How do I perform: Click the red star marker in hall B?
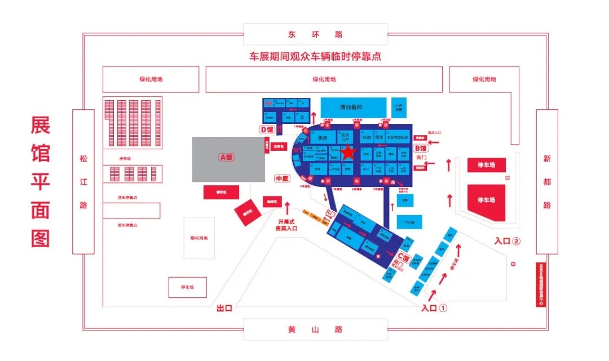[x=348, y=152]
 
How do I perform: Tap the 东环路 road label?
[x=315, y=34]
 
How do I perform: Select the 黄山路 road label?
[x=315, y=329]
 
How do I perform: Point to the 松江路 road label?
[x=83, y=181]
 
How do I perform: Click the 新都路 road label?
[x=546, y=181]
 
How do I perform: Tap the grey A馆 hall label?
[x=226, y=158]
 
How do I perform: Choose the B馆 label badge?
[x=421, y=148]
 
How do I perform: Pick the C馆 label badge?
[x=403, y=253]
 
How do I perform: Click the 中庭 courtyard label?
[x=281, y=179]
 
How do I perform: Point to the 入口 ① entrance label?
[x=434, y=308]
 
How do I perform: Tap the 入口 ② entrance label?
[x=506, y=241]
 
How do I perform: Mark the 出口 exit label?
[x=224, y=309]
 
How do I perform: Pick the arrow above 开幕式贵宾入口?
[x=288, y=209]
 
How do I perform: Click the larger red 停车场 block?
[x=486, y=200]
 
